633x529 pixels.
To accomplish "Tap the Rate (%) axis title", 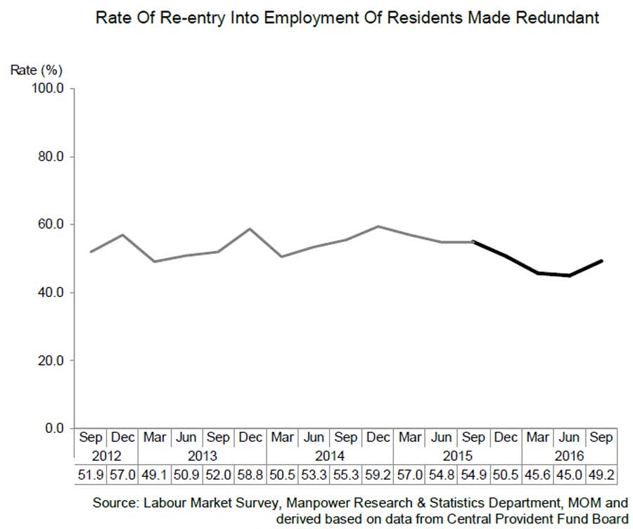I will [37, 70].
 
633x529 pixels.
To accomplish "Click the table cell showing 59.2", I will [378, 476].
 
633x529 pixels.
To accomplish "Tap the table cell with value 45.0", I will [569, 476].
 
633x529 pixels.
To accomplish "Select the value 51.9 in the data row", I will [90, 476].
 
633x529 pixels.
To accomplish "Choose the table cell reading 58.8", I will [250, 476].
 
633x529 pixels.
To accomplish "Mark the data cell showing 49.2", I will [601, 476].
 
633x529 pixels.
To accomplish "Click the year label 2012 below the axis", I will [106, 456].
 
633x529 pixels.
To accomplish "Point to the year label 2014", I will [330, 456].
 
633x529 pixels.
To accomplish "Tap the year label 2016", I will [569, 456].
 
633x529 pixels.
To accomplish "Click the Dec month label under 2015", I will [505, 438].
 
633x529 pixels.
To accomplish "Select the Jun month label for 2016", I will [569, 438].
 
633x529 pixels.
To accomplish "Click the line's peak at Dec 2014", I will [378, 227].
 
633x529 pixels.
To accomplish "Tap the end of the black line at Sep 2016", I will [601, 260].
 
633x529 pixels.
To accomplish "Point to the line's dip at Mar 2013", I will [155, 261].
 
